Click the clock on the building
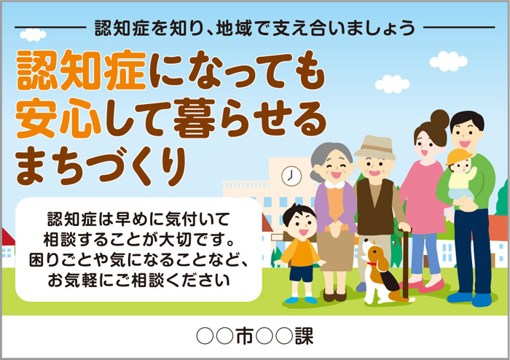tap(291, 176)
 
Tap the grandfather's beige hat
tap(375, 147)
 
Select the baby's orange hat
tap(458, 157)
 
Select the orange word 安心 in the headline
tap(58, 118)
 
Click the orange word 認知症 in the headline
tap(82, 70)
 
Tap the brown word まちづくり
tap(101, 165)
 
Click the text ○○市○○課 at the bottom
tap(255, 336)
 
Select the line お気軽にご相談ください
tap(139, 281)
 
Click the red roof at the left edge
tap(8, 237)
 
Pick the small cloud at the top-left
tap(33, 34)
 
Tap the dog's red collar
tap(372, 264)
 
